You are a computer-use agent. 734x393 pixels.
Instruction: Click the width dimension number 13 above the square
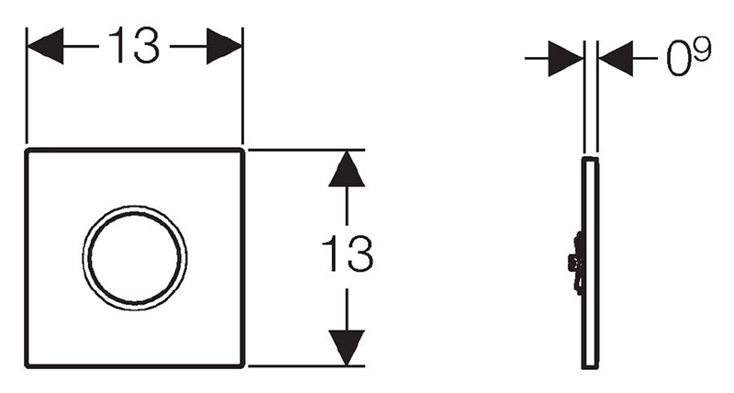click(134, 45)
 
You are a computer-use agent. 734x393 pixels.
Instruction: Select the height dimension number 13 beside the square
click(348, 253)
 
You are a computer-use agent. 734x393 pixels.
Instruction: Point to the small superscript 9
click(702, 50)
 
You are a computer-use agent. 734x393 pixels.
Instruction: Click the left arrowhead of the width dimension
click(45, 46)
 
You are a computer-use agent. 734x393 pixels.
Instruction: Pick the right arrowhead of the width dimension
click(224, 46)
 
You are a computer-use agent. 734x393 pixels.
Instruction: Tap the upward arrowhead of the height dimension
click(347, 169)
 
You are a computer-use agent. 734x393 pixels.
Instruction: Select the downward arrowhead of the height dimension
click(347, 348)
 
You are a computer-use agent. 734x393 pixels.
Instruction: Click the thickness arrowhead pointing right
click(565, 59)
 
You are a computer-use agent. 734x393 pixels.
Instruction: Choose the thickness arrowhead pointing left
click(616, 59)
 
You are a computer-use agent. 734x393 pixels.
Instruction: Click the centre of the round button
click(135, 257)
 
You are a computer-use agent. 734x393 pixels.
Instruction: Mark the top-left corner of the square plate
click(27, 150)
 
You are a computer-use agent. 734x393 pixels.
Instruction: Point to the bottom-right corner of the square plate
click(242, 366)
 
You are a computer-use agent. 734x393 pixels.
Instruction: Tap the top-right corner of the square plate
click(242, 150)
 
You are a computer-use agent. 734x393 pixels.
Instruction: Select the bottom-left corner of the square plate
click(27, 366)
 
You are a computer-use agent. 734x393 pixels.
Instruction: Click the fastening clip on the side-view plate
click(576, 263)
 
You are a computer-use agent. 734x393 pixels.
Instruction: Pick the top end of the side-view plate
click(590, 158)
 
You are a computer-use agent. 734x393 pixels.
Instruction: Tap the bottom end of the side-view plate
click(590, 367)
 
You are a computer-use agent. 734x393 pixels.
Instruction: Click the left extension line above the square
click(27, 85)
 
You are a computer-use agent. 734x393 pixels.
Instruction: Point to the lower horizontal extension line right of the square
click(306, 365)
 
